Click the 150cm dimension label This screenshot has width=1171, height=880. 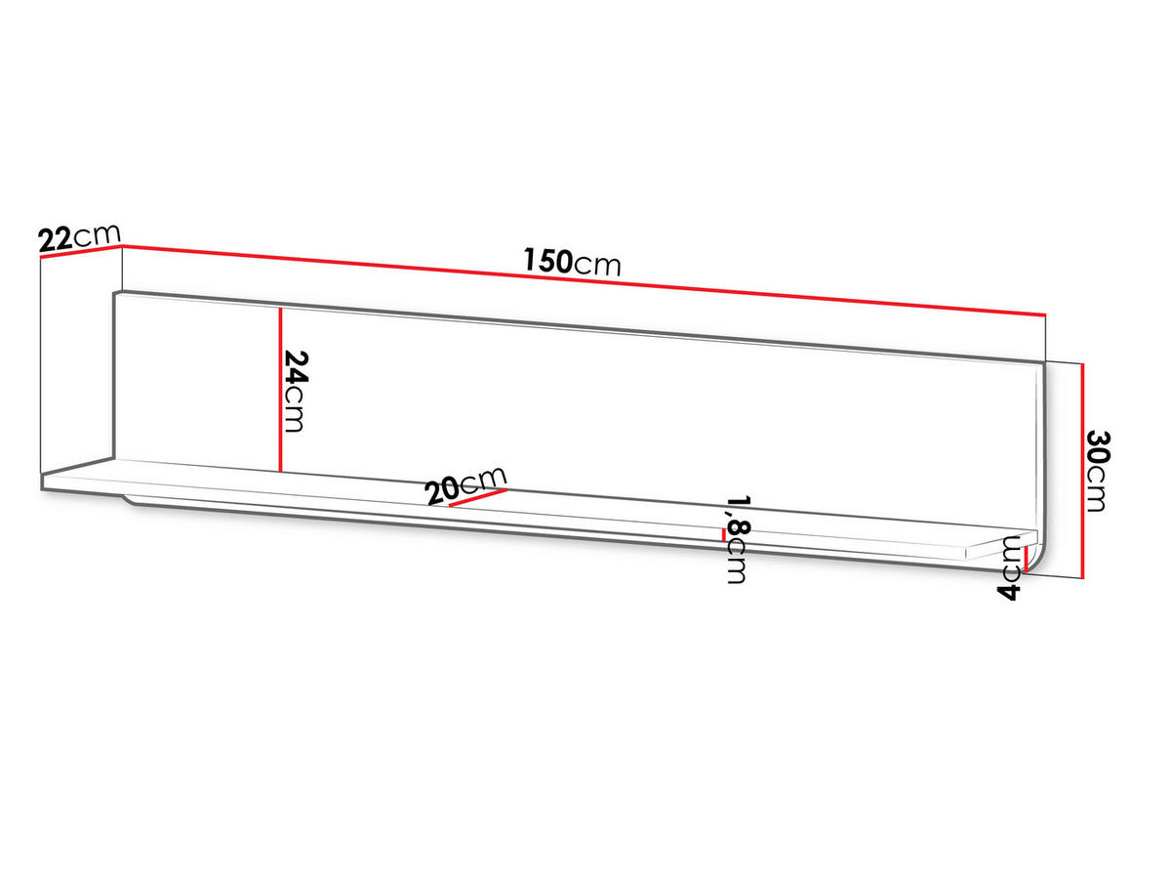(x=572, y=262)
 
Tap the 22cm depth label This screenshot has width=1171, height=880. (x=80, y=237)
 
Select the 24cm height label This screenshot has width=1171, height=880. (x=294, y=391)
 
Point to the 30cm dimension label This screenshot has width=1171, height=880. (x=1099, y=471)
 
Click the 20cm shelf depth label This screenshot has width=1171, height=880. (x=466, y=484)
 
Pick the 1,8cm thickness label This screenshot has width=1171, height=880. (x=739, y=539)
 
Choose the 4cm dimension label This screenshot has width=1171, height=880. (x=1010, y=567)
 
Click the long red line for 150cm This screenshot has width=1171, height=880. (x=584, y=280)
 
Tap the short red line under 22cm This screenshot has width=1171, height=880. (x=81, y=252)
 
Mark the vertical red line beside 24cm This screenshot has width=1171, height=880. (x=280, y=390)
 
